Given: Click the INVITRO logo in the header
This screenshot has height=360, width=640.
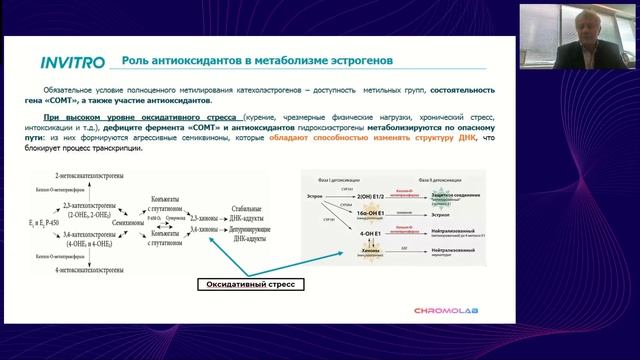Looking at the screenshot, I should (72, 62).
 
